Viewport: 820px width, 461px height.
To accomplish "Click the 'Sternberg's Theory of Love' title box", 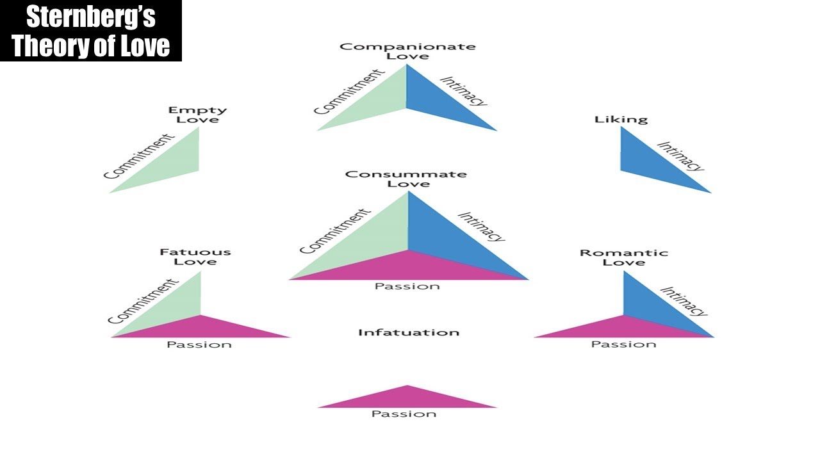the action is coord(91,31).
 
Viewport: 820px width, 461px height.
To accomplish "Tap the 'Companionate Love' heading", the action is coord(407,51).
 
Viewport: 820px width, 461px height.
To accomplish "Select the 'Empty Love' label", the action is coord(198,115).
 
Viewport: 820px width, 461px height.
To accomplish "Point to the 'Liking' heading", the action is coord(621,120).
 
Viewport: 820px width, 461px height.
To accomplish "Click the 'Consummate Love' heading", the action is coord(406,179).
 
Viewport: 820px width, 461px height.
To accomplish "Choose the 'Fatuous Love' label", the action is coord(195,257).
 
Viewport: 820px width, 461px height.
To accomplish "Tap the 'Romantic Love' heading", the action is coord(624,257).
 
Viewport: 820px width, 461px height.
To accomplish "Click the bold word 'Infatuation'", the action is coord(409,332).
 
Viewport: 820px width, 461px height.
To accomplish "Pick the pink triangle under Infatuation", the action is coord(407,399).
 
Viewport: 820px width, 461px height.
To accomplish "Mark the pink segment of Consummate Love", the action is coord(409,268).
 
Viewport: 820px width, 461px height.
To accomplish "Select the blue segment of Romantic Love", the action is coord(648,307).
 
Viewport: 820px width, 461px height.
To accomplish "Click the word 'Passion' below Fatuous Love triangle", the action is coord(199,344).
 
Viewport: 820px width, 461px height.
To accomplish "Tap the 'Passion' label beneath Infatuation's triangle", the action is coord(404,414).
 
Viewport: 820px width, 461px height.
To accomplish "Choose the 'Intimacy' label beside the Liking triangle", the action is coord(680,156).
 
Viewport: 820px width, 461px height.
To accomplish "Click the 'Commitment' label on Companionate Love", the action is coord(349,92).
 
